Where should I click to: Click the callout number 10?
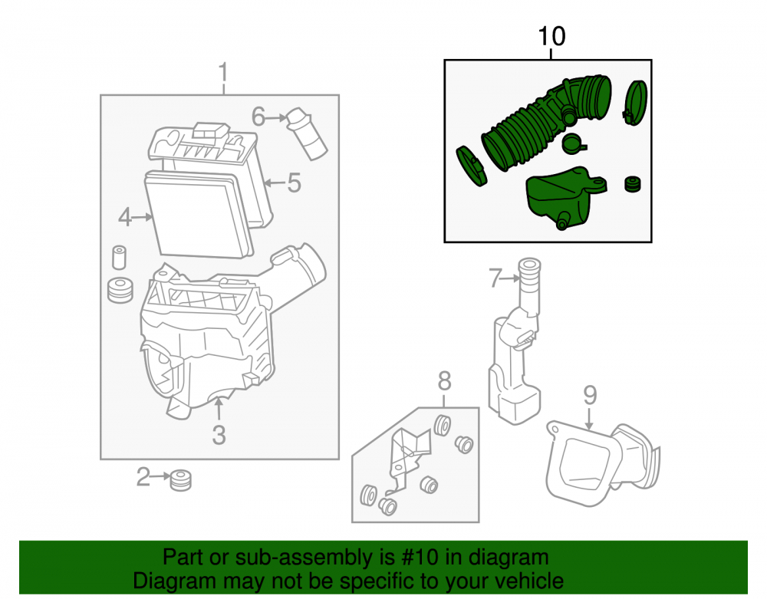551,37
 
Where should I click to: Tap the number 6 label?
258,117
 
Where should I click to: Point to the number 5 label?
294,183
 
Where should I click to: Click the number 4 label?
125,217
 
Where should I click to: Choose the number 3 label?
219,435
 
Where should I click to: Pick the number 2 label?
143,477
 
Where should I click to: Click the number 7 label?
495,278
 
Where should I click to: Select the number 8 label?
444,381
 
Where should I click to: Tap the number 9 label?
590,395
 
